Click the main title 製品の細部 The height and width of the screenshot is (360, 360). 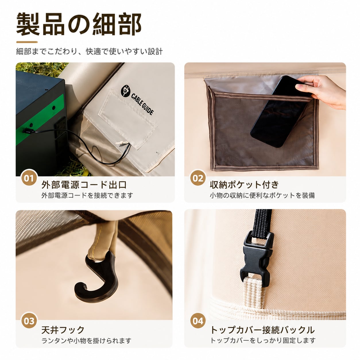[79, 24]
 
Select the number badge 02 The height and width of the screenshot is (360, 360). [198, 178]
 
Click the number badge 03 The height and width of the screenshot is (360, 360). [29, 321]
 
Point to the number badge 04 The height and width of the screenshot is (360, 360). [198, 321]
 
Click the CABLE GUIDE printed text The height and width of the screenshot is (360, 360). [142, 104]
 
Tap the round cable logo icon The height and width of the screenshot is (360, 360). [125, 91]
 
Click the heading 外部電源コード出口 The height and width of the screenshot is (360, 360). [84, 185]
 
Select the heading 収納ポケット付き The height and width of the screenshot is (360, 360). [244, 185]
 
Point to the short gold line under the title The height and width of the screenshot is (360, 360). [27, 42]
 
